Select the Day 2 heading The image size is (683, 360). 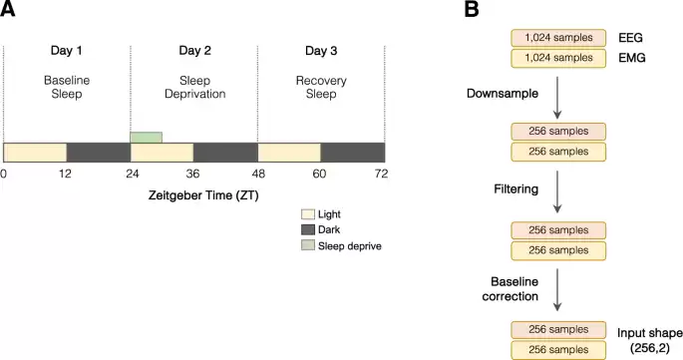tap(193, 50)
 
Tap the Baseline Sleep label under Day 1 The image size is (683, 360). tap(66, 86)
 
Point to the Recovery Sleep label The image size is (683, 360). tap(321, 86)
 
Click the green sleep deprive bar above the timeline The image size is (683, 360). tap(146, 137)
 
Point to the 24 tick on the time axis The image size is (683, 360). tap(130, 174)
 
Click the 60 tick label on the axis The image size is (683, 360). tap(321, 174)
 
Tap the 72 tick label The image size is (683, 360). tap(382, 174)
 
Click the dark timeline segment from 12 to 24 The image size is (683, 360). tap(98, 152)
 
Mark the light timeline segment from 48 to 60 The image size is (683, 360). tap(289, 152)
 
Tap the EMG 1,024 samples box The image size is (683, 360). tap(558, 58)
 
